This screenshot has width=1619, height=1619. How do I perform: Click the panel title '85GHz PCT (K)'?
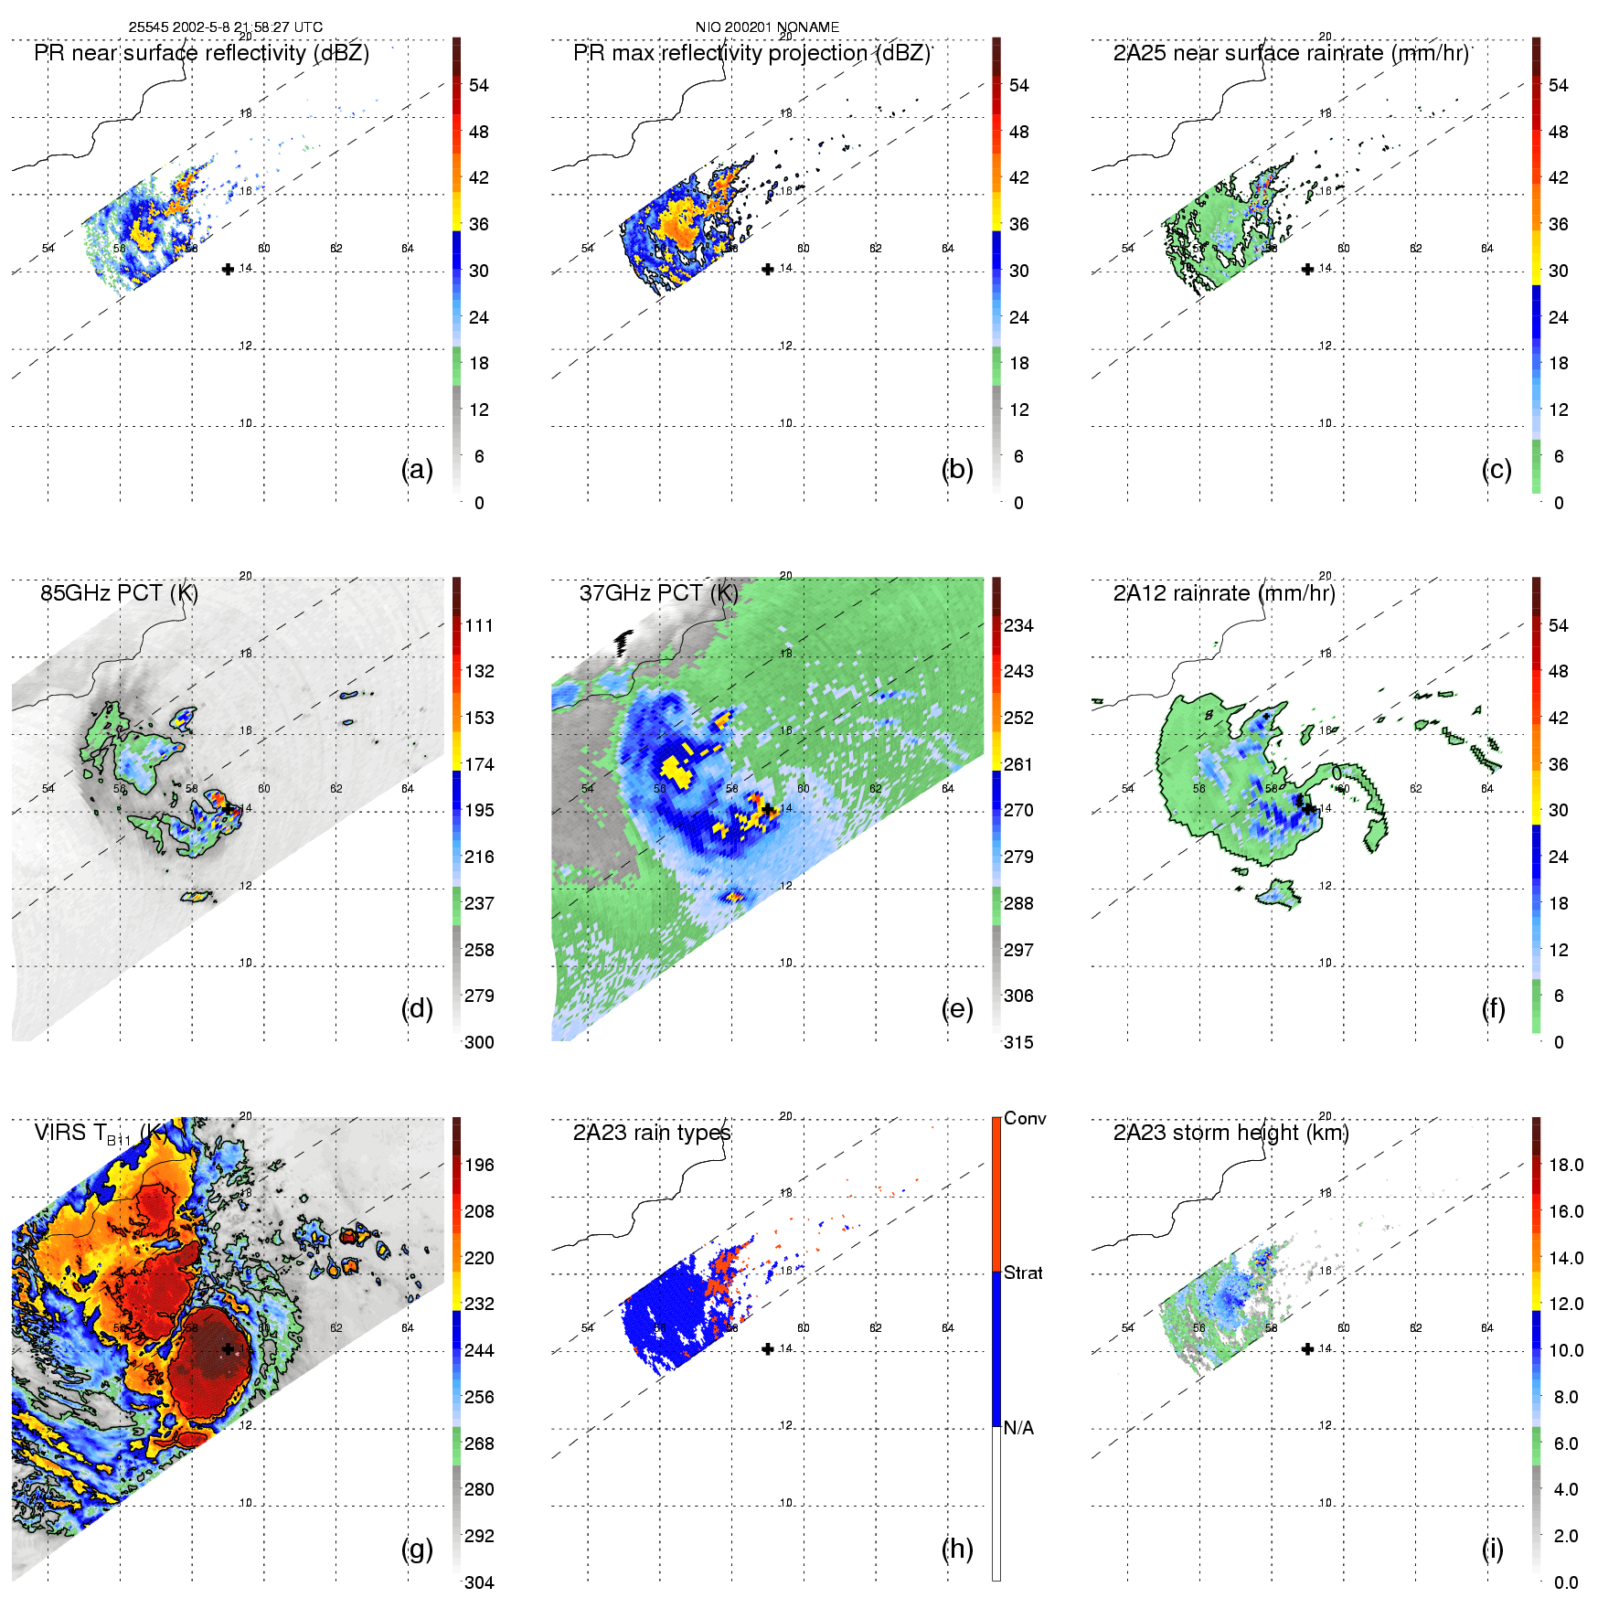pos(119,593)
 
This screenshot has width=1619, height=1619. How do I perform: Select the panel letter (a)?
pos(417,469)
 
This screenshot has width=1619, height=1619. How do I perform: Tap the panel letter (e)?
pos(956,1008)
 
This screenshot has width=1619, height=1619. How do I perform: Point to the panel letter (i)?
pos(1492,1549)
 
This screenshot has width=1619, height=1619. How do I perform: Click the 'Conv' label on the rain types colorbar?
pos(1025,1118)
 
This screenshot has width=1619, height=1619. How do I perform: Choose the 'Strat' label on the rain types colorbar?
pos(1023,1273)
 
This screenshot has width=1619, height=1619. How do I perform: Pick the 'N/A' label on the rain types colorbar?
pos(1018,1428)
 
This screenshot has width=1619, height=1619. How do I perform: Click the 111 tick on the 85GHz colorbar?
pos(479,625)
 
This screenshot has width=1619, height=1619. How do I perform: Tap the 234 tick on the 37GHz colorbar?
pos(1018,625)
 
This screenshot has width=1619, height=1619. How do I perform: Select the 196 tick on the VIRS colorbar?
pos(479,1165)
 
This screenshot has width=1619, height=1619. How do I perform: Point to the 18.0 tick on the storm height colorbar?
pos(1565,1165)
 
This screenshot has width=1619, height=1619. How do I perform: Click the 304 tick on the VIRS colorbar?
pos(479,1582)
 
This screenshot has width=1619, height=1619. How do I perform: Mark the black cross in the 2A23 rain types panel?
pos(768,1348)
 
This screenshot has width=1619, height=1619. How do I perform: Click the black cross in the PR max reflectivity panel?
pos(768,269)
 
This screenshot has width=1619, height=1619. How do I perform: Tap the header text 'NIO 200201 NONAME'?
pos(767,27)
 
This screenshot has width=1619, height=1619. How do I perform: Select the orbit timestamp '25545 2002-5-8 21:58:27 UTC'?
pos(225,27)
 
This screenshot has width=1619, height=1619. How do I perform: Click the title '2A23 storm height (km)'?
pos(1230,1133)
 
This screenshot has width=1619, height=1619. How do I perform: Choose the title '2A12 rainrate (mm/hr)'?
pos(1224,593)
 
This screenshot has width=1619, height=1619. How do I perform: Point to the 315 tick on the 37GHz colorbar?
pos(1018,1042)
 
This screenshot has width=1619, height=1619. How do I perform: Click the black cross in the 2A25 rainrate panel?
pos(1307,269)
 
